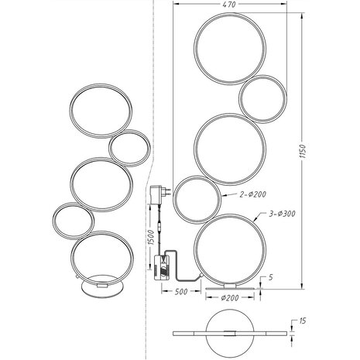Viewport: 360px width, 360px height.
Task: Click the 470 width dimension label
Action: coord(228,5)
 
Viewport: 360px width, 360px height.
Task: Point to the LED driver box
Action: coord(167,266)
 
